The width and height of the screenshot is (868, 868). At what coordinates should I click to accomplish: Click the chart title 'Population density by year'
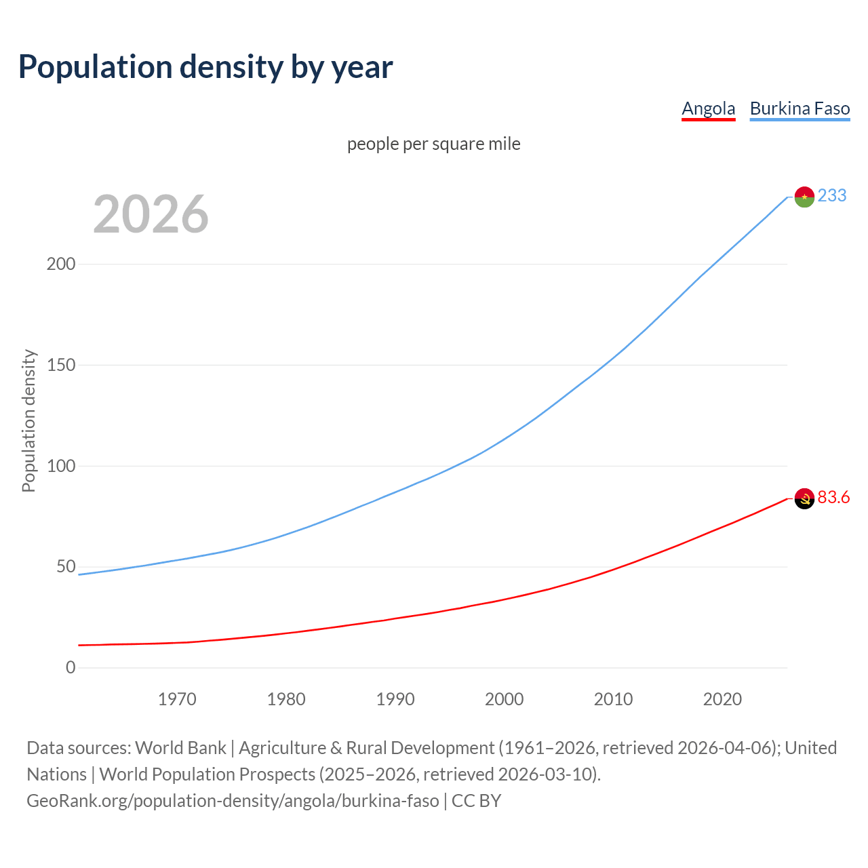coord(205,67)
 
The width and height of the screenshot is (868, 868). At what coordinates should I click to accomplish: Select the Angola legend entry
coord(708,108)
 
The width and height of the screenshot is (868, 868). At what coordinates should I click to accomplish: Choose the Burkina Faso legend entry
coord(800,108)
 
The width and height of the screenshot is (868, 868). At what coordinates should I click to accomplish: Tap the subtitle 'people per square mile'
coord(433,144)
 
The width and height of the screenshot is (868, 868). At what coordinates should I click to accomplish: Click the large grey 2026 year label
coord(151,214)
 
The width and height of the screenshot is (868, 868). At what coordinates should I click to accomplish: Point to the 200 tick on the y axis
coord(61,264)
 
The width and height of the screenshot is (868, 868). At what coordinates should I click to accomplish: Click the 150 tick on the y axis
coord(61,365)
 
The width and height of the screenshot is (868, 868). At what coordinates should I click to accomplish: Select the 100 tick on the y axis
coord(61,466)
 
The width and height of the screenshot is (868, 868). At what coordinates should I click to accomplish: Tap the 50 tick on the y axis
coord(65,567)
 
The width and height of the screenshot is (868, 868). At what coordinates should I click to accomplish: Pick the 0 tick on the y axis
coord(71,668)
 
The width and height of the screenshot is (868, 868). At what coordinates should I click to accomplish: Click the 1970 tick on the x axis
coord(177,699)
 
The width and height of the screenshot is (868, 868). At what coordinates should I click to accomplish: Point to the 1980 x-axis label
coord(286,699)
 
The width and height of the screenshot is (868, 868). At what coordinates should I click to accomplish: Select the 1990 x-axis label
coord(395,699)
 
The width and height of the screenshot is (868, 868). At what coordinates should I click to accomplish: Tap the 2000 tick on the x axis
coord(504,699)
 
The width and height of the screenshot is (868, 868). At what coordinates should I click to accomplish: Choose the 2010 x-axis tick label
coord(613,699)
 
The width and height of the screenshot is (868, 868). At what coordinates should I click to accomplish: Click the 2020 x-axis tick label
coord(722,699)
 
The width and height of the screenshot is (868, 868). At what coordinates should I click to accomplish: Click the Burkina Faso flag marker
coord(804,197)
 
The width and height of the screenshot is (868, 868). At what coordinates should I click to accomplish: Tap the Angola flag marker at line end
coord(804,498)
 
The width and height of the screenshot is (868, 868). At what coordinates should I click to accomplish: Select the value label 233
coord(832,195)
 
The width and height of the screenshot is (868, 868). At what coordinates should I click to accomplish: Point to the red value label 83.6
coord(833,498)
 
